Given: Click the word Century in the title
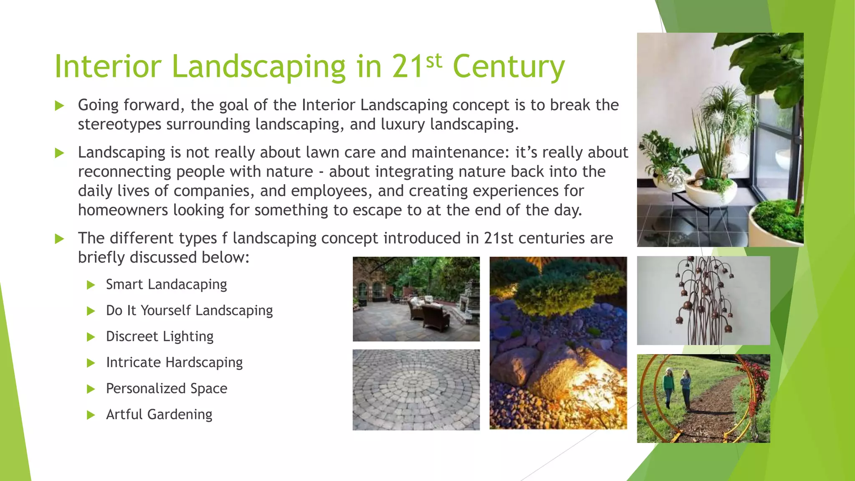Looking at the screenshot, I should (x=508, y=67).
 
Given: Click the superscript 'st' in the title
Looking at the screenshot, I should (x=434, y=61).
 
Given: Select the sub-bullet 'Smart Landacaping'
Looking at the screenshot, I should (x=166, y=284).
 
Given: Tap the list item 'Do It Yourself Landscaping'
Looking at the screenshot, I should (x=189, y=311).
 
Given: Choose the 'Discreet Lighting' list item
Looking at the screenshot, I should (x=159, y=337).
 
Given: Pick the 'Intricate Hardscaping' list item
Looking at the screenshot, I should (x=174, y=362).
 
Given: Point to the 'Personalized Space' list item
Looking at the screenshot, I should (x=167, y=388).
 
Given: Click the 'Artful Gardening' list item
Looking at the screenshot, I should (x=159, y=415).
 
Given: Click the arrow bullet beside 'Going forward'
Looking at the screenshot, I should (x=60, y=106).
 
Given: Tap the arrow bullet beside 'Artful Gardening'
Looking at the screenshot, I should (x=91, y=415).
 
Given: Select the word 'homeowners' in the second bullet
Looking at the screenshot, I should (x=123, y=210).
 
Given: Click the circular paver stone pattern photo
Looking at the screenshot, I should (x=416, y=390).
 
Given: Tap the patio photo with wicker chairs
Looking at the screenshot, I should (x=416, y=299).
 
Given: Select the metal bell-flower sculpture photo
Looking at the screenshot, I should (x=703, y=301).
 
